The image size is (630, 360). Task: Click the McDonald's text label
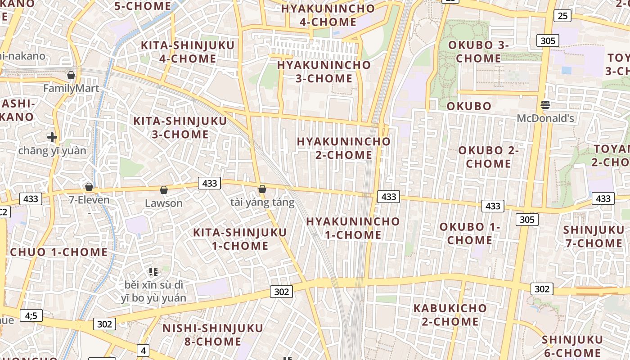(545, 118)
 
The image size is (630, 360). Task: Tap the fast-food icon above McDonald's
(545, 105)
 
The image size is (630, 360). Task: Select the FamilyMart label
(71, 88)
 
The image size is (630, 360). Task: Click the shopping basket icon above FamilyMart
(71, 75)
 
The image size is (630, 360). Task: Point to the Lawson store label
(164, 203)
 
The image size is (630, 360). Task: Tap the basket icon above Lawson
(164, 190)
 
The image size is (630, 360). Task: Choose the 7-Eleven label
(89, 200)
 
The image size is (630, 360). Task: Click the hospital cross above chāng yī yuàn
(52, 137)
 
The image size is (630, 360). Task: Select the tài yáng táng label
(262, 202)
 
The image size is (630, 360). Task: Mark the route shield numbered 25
(562, 16)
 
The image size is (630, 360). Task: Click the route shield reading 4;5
(31, 315)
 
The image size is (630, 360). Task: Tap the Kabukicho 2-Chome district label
(450, 315)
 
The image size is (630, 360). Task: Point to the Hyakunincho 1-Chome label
(353, 228)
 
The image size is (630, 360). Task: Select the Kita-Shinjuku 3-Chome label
(180, 127)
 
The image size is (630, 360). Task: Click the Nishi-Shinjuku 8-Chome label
(212, 334)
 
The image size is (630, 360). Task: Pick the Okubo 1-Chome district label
(470, 233)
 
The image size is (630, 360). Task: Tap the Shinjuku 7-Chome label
(594, 236)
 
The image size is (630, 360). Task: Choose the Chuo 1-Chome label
(59, 252)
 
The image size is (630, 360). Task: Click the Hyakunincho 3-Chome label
(324, 72)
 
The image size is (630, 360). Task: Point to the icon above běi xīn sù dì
(153, 271)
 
